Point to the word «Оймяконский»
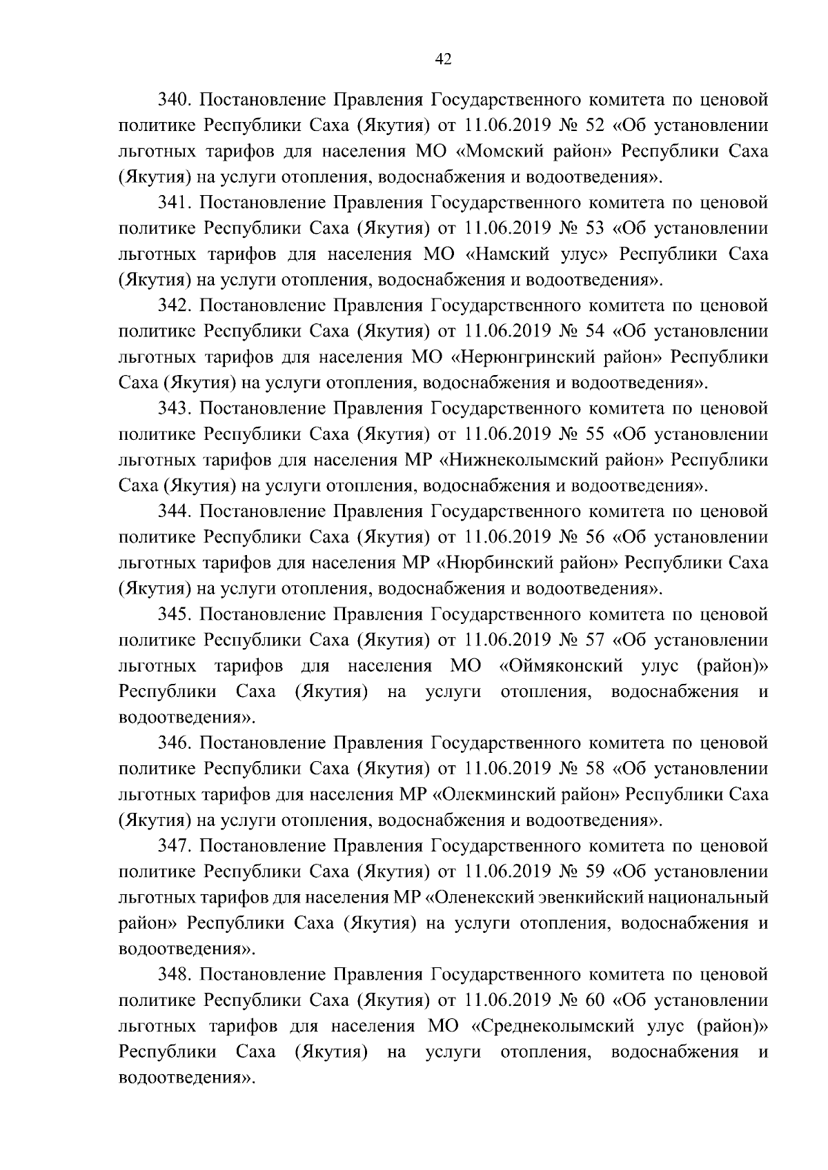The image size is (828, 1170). click(x=561, y=666)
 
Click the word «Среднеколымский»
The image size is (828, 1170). click(x=553, y=1027)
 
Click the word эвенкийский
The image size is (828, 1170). click(x=600, y=898)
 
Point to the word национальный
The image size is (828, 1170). click(x=714, y=898)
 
